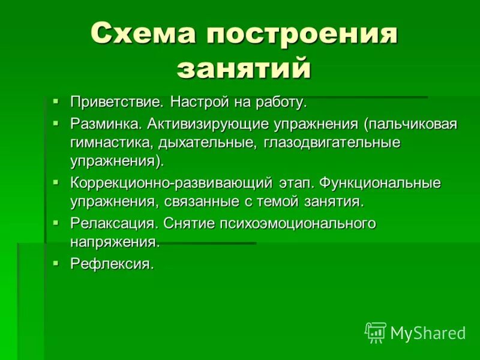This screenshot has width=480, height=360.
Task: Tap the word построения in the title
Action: [x=302, y=34]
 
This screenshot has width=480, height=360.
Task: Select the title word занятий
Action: [x=244, y=68]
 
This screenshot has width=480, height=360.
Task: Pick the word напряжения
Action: [x=115, y=242]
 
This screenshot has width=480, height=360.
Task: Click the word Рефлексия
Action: [x=112, y=264]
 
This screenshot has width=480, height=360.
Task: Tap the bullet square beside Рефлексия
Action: [x=56, y=262]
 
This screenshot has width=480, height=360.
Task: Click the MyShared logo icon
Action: [x=376, y=332]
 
